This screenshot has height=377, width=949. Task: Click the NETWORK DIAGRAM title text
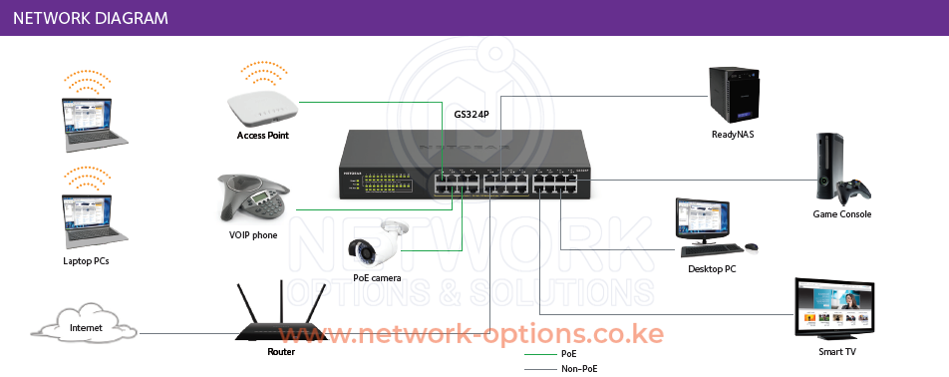(x=91, y=18)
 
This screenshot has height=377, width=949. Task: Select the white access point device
(x=262, y=106)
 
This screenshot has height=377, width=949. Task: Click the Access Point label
(x=263, y=136)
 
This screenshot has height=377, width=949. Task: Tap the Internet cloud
(x=85, y=327)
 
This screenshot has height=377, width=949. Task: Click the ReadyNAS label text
(x=732, y=135)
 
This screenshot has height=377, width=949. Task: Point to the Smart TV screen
(x=835, y=306)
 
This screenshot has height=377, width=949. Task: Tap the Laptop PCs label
(x=86, y=261)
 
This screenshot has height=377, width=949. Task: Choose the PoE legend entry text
(x=569, y=354)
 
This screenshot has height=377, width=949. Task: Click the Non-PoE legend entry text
(x=579, y=369)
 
